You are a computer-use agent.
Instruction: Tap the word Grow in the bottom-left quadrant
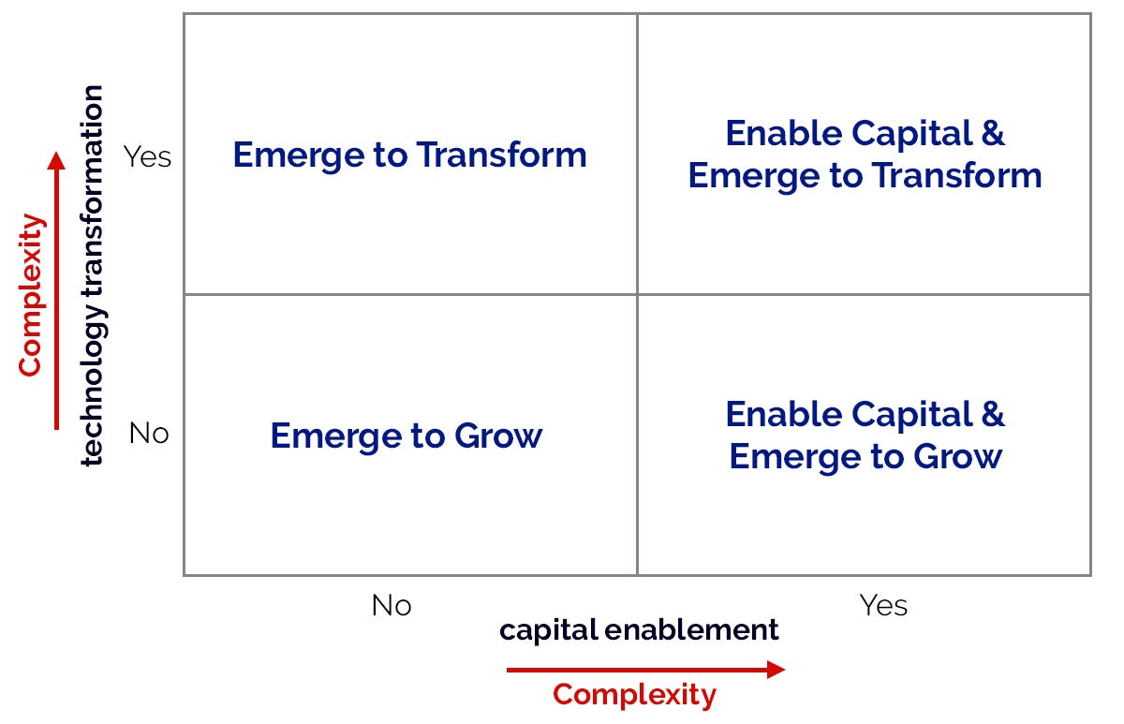[x=498, y=436]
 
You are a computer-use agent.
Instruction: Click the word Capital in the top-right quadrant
[x=912, y=134]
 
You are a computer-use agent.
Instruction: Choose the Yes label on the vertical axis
[x=147, y=156]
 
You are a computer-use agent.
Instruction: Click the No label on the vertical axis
[x=149, y=433]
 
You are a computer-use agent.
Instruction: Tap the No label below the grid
[x=392, y=605]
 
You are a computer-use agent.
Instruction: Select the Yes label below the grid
[x=883, y=605]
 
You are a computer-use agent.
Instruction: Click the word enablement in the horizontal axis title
[x=691, y=629]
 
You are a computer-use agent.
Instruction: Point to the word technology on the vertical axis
[x=93, y=385]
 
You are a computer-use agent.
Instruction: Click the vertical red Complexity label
[x=31, y=295]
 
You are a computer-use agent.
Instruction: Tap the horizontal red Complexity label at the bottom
[x=634, y=696]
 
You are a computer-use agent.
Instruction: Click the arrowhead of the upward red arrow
[x=56, y=160]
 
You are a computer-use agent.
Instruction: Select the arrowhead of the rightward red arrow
[x=776, y=670]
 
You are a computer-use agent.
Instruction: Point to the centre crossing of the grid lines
[x=637, y=294]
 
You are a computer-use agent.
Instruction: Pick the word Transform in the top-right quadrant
[x=957, y=175]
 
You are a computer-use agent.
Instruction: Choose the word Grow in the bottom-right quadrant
[x=957, y=456]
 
